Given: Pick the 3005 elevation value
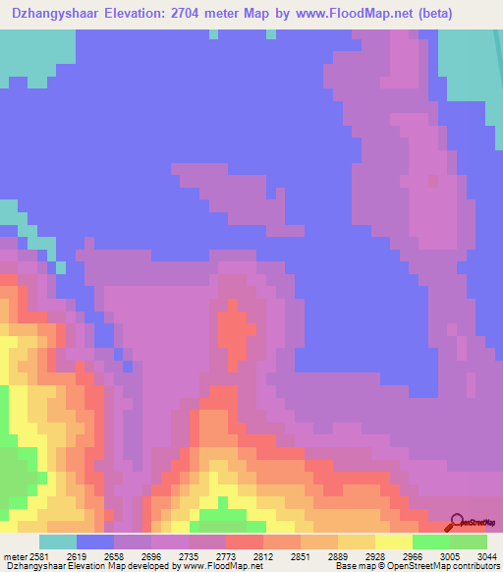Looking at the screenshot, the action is click(x=436, y=555).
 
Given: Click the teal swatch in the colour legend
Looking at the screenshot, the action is click(x=58, y=542).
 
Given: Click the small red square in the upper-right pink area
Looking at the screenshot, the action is click(x=432, y=181).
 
